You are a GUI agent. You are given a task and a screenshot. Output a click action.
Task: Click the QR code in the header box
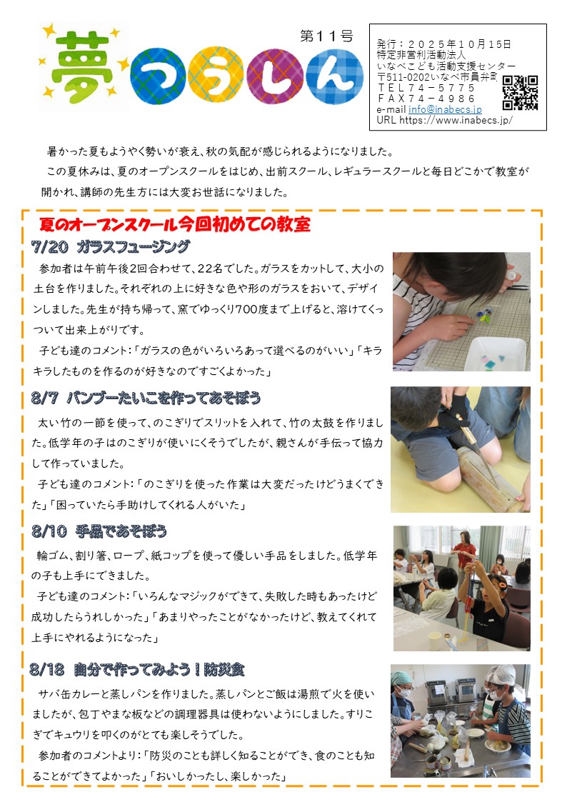[520, 93]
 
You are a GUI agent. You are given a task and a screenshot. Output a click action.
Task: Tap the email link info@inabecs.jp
[445, 109]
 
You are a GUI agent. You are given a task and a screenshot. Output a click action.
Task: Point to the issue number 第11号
[326, 36]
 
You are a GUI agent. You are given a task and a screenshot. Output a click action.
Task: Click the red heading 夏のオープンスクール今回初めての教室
[175, 224]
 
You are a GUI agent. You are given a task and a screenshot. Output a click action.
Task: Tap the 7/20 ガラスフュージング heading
[111, 247]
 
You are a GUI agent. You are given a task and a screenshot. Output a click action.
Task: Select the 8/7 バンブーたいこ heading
[146, 397]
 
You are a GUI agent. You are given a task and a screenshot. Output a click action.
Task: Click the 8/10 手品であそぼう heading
[99, 531]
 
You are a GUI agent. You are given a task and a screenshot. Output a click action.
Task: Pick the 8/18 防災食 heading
[137, 669]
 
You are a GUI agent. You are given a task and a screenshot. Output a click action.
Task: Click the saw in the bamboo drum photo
[476, 453]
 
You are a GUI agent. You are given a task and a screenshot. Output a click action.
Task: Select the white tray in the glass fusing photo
[495, 354]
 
